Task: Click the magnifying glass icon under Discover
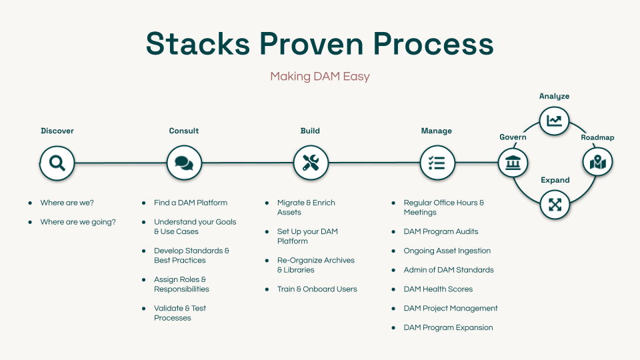(x=57, y=163)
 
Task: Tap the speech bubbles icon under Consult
(x=184, y=163)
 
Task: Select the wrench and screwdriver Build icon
(x=311, y=163)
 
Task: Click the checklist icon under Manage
(x=437, y=163)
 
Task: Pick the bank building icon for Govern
(x=513, y=162)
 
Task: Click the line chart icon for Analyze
(x=554, y=121)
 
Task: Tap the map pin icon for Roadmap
(x=597, y=162)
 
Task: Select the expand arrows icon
(x=555, y=205)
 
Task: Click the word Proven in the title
(x=311, y=43)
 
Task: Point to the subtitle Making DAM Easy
(x=320, y=76)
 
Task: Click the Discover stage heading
(x=57, y=131)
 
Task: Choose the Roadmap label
(x=597, y=137)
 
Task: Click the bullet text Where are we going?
(x=78, y=222)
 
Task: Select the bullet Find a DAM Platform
(x=191, y=203)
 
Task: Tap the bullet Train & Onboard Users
(x=317, y=289)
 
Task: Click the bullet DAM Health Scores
(x=438, y=289)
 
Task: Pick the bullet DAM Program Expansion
(x=448, y=327)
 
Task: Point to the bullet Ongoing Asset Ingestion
(x=447, y=251)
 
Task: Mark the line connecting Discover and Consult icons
(x=120, y=163)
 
